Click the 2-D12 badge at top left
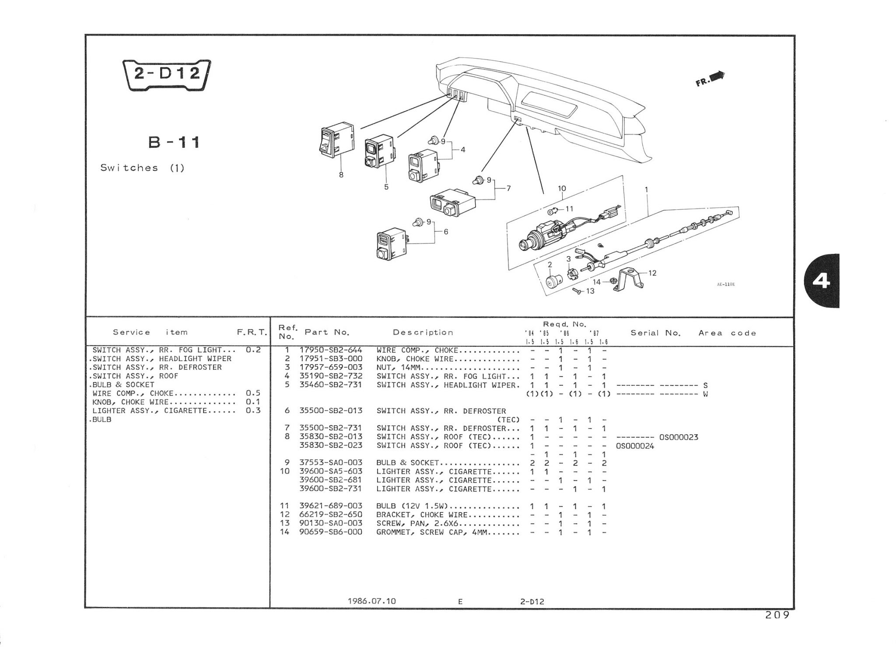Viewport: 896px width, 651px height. (166, 74)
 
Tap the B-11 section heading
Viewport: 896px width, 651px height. (174, 142)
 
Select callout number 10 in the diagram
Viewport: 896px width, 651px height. (562, 188)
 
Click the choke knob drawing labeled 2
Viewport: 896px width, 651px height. (554, 280)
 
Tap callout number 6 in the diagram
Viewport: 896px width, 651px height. (445, 232)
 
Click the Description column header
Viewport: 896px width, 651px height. (423, 332)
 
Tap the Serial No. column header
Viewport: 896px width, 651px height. (655, 333)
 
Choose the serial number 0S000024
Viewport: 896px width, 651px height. (635, 446)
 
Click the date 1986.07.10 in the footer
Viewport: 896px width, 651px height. (371, 601)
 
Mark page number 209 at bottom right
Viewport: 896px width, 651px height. (777, 615)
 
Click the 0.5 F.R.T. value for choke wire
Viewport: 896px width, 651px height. (253, 393)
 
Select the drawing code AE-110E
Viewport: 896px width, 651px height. (725, 284)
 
